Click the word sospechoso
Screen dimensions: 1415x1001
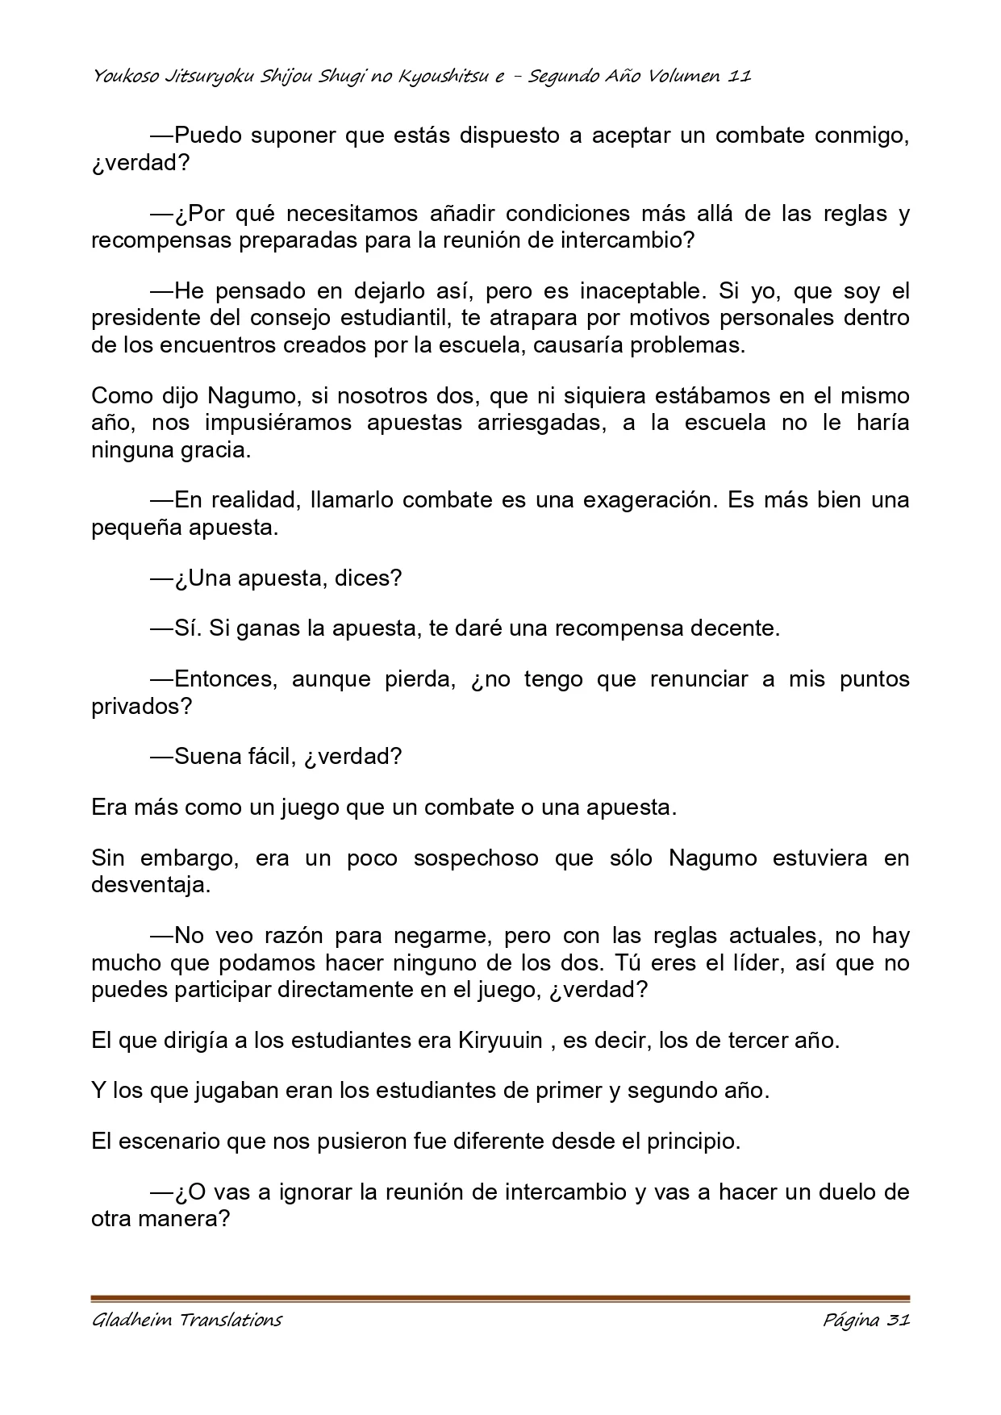click(x=476, y=858)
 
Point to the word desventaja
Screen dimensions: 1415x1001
click(x=151, y=885)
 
